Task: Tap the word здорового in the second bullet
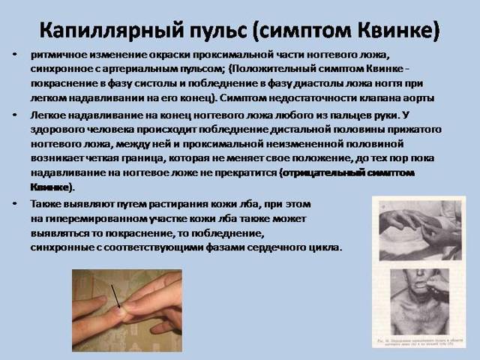pos(63,129)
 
